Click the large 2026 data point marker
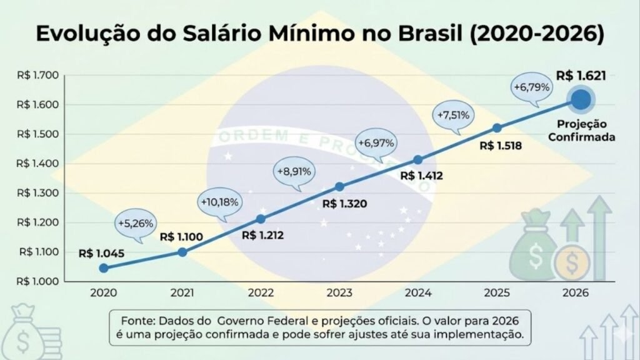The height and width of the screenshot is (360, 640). (x=580, y=99)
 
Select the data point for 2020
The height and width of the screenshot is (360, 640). (x=104, y=268)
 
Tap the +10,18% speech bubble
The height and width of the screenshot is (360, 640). (x=219, y=202)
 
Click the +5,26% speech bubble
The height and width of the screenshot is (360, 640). (x=136, y=223)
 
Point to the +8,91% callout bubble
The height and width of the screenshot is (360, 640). (x=294, y=170)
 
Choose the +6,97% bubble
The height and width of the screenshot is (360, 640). (x=376, y=142)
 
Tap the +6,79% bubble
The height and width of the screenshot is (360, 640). (x=532, y=87)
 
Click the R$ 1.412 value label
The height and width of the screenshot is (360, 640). (x=421, y=176)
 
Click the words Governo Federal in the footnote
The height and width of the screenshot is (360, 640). (x=259, y=320)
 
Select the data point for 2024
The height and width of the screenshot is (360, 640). (x=418, y=160)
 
